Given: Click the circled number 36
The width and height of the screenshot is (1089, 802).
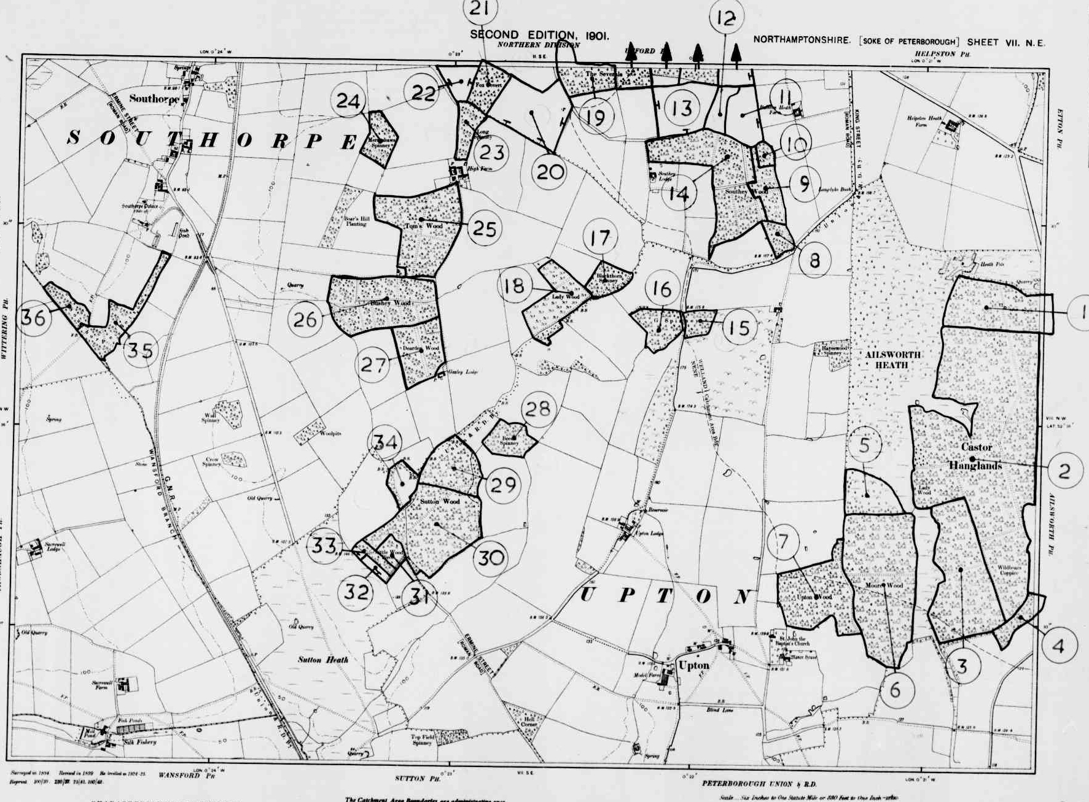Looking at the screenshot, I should click(x=33, y=317).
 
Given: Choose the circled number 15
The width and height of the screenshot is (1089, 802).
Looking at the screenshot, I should click(x=739, y=327).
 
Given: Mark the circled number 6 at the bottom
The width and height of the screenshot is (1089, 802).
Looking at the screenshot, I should click(x=895, y=689).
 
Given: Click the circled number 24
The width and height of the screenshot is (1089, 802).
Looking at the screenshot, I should click(x=348, y=101).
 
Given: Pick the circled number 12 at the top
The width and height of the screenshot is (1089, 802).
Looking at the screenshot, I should click(x=725, y=18).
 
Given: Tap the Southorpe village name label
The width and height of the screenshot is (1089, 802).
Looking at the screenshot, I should click(x=154, y=98).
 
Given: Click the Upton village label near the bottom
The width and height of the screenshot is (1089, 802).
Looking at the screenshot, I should click(x=694, y=665).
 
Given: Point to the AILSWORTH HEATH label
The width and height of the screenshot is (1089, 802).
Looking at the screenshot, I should click(x=892, y=360).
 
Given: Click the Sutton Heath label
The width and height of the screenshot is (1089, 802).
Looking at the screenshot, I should click(x=323, y=660).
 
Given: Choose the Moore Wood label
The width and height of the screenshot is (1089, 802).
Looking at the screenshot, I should click(x=884, y=585).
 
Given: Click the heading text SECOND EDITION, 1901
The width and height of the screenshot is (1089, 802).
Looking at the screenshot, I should click(x=539, y=36).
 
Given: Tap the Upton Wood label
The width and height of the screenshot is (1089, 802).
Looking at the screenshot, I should click(x=814, y=596).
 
